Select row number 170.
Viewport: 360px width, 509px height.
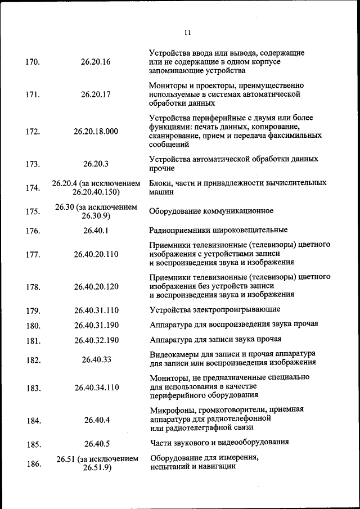(x=33, y=62)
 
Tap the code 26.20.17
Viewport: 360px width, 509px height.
(x=96, y=94)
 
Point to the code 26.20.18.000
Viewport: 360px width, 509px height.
(x=96, y=132)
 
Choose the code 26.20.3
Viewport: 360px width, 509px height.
(x=96, y=164)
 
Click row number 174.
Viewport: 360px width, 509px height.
(x=33, y=188)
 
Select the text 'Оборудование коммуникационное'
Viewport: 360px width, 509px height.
(x=211, y=211)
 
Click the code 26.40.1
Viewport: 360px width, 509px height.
(x=96, y=230)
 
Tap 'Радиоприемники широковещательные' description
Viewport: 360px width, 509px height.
(x=218, y=230)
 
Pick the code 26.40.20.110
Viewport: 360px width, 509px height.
(x=96, y=254)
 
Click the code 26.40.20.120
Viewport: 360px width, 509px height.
(x=96, y=287)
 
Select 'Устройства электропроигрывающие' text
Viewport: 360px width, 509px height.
(x=215, y=310)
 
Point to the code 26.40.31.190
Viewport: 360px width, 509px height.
(x=96, y=325)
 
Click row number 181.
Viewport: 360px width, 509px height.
(x=33, y=340)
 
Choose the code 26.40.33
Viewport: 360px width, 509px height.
(x=96, y=359)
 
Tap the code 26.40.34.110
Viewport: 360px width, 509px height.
(x=96, y=388)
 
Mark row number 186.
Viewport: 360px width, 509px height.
(x=33, y=464)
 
